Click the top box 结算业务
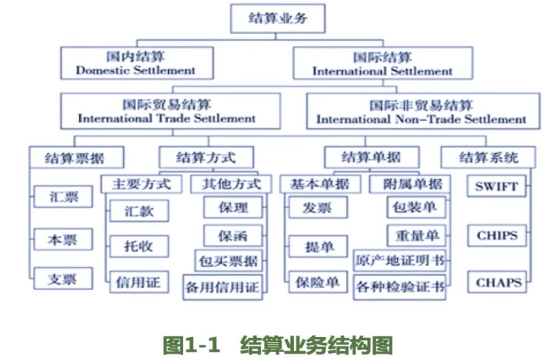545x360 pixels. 277,19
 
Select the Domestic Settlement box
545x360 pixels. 136,63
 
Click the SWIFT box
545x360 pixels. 496,186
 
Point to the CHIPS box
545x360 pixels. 496,235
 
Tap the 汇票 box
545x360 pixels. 63,197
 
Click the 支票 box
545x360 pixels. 63,278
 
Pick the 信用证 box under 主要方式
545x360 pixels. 139,282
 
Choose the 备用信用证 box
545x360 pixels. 223,287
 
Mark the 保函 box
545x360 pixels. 233,235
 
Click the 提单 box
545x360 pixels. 318,246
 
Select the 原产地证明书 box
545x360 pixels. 399,261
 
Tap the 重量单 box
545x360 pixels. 415,235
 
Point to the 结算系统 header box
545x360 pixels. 488,158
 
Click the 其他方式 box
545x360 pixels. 231,184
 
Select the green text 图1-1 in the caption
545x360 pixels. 191,345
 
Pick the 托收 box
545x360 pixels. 139,246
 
